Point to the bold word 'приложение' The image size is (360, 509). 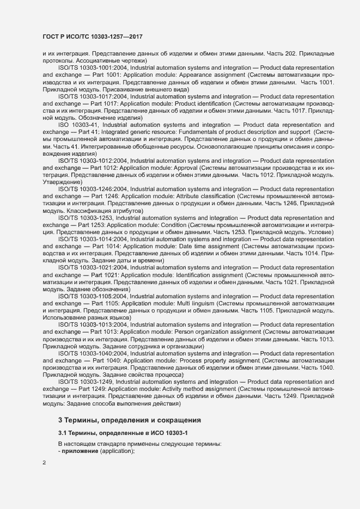(80, 451)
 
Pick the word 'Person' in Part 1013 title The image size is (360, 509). (180, 332)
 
